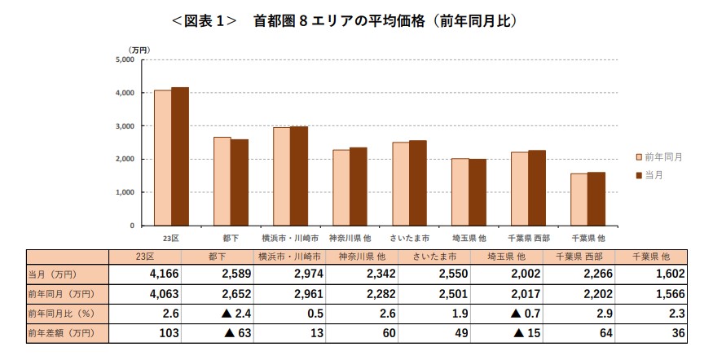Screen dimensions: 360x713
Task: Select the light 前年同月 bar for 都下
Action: [x=222, y=181]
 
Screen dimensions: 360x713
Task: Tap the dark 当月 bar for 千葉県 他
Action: [x=596, y=199]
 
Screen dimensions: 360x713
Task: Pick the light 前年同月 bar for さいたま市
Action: [x=400, y=184]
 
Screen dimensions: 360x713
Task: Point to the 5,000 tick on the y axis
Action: [x=124, y=59]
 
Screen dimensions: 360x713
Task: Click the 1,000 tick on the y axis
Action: [x=124, y=192]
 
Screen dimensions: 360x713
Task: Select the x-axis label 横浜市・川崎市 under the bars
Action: [x=290, y=238]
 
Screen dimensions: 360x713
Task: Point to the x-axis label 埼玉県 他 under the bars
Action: [x=469, y=238]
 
